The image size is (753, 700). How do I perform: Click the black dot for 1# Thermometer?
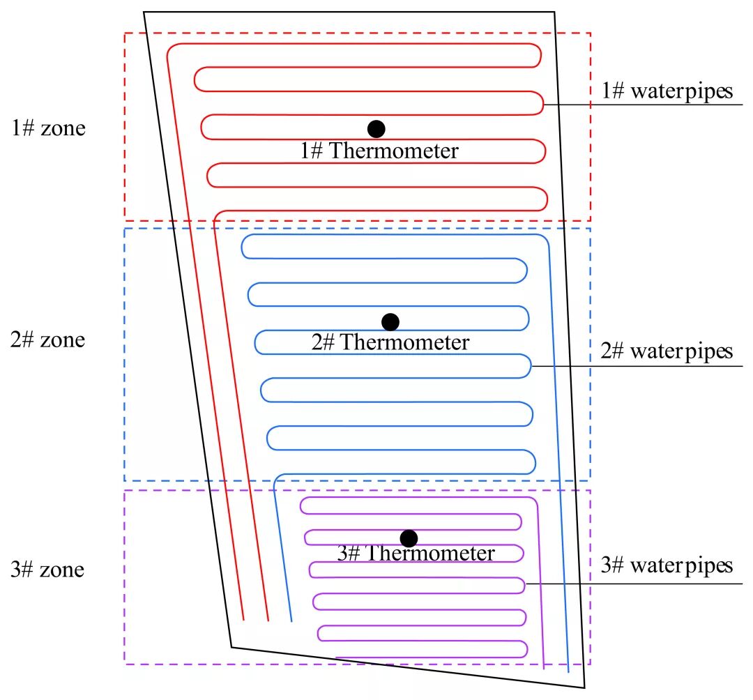coord(376,128)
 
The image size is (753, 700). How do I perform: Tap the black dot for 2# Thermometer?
coord(390,321)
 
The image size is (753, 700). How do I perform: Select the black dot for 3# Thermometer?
coord(409,538)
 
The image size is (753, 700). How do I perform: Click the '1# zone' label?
coord(49,128)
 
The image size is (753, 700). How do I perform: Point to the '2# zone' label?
coord(49,340)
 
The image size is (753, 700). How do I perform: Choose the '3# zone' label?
coord(49,570)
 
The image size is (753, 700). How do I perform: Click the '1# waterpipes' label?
coord(667,91)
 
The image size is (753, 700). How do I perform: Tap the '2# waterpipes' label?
coord(667,351)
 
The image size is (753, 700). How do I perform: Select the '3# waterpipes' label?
coord(667,565)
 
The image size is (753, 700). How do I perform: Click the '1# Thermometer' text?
coord(380,151)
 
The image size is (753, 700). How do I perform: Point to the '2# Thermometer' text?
coord(390,343)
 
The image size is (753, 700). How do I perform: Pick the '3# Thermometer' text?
coord(416,554)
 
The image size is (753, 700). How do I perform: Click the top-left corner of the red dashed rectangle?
coord(125,33)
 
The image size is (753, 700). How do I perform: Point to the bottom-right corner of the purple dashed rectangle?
coord(591,663)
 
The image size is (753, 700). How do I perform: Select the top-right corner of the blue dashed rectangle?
coord(591,229)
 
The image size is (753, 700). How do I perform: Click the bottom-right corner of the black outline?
coord(584,687)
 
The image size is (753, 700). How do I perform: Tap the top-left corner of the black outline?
coord(144,12)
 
